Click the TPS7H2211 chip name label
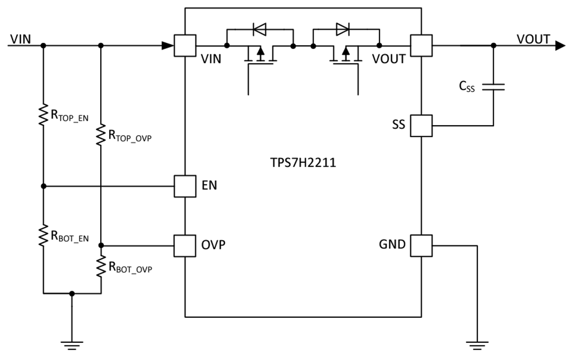coord(300,163)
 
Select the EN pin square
coord(185,186)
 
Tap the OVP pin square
coord(185,245)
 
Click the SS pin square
coord(422,126)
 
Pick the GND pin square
coord(422,245)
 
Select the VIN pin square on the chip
coord(185,45)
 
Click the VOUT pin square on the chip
coord(422,45)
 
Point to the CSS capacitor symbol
coord(494,87)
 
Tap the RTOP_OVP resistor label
coord(129,136)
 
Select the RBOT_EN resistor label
coord(69,236)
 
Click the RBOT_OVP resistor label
coord(129,267)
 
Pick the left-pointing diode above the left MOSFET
coord(259,30)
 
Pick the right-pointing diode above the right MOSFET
coord(343,30)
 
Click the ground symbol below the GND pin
coord(477,345)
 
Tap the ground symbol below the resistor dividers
coord(72,345)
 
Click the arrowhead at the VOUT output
coord(560,46)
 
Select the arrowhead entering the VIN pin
coord(168,46)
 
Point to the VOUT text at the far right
coord(533,39)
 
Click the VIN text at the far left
coord(20,39)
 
